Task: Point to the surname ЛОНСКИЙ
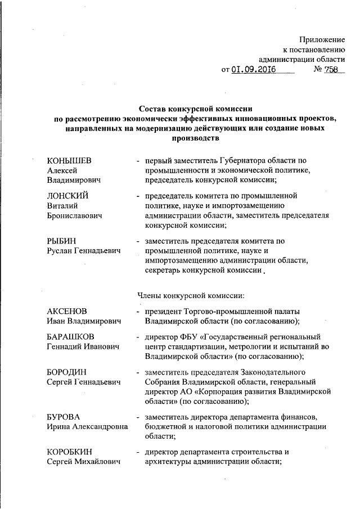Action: coord(67,196)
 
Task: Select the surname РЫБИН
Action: coord(62,241)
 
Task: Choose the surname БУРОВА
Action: coord(63,417)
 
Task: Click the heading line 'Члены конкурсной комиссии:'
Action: coord(190,294)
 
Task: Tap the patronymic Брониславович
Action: coord(74,215)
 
